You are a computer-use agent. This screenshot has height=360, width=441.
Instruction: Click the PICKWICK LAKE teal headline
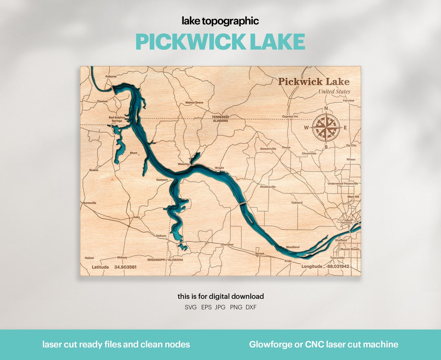coord(220,42)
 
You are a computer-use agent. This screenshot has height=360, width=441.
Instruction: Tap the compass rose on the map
coord(326,127)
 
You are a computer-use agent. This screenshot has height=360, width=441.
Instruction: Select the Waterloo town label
coord(184,164)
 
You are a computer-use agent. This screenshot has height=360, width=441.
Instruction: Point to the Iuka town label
coord(137,217)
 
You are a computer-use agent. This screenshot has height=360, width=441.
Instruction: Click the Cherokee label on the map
coord(227,244)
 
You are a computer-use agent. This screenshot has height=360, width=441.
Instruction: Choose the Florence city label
coord(346,223)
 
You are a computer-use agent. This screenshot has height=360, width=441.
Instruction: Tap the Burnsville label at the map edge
coord(89,203)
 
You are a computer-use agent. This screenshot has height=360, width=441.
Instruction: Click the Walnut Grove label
coord(194,103)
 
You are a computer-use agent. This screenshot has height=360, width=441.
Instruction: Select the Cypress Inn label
coord(290,116)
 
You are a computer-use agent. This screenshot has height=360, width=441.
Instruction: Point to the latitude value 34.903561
coord(125,267)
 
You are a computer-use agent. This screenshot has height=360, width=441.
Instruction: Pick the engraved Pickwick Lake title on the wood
coord(314,82)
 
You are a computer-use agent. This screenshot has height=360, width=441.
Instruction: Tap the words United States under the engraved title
coord(334,92)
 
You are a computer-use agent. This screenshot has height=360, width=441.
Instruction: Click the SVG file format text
coord(190,307)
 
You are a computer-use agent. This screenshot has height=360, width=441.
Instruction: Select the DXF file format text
coord(251,307)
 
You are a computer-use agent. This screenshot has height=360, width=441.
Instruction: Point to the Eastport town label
coord(162,179)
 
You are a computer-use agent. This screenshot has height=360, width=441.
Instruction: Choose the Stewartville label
coord(268,149)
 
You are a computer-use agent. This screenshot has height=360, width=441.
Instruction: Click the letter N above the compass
coord(326,109)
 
